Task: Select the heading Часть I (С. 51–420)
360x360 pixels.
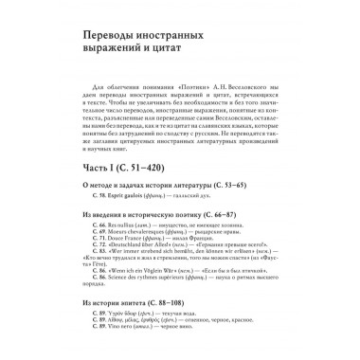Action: click(x=104, y=171)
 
